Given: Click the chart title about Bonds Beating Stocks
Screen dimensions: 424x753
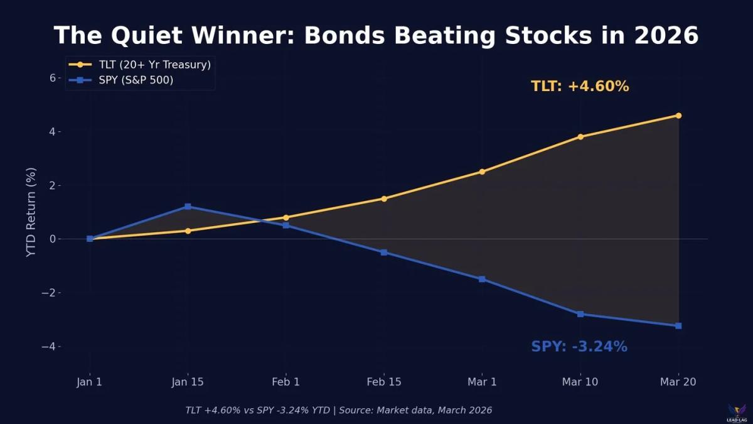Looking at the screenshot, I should coord(376,36).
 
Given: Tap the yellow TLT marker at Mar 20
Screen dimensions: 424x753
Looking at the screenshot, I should coord(678,116).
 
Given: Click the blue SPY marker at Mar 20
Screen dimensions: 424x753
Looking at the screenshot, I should coord(678,325).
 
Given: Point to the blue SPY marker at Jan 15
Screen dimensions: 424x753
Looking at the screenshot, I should coord(188,207).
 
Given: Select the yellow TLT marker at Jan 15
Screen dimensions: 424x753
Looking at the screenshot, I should coord(188,231).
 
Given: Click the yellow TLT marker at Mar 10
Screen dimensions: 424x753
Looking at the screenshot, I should coord(580,136).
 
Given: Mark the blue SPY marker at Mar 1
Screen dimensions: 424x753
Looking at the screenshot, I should coord(482,279).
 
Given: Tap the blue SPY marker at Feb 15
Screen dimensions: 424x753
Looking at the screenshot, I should coord(384,253).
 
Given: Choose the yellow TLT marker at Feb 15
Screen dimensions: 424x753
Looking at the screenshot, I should coord(384,198).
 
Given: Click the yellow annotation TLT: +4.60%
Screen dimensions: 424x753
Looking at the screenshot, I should coord(580,87).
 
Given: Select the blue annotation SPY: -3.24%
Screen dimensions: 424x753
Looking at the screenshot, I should coord(579,347).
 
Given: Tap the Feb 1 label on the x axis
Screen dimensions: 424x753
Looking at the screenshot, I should coord(286,382).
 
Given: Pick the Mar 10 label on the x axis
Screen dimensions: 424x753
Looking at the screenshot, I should coord(580,382).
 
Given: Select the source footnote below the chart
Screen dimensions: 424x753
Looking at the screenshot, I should coord(338,410).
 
